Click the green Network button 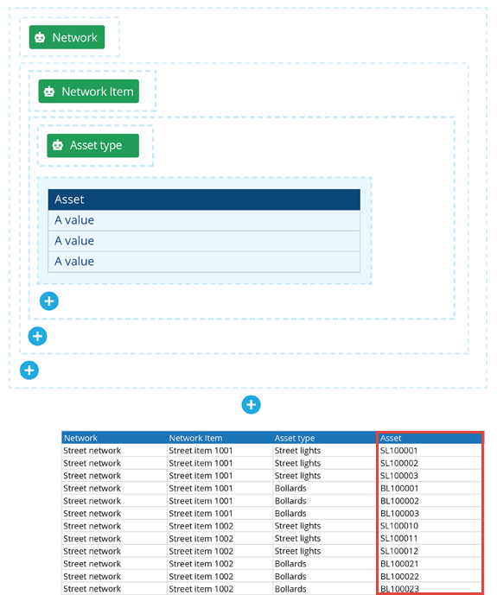pos(67,37)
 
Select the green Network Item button pos(89,91)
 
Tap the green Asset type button pos(93,145)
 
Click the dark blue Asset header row pos(204,199)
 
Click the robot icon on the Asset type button pos(58,145)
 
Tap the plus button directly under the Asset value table pos(49,301)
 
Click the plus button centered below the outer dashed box pos(251,405)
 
